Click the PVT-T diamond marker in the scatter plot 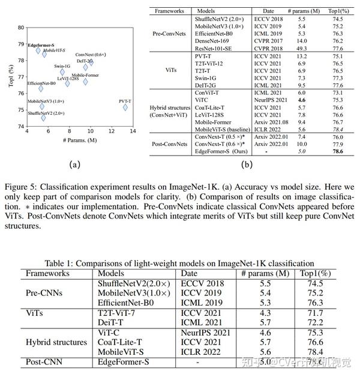point(125,107)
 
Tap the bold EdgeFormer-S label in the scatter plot point(40,44)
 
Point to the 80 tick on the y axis point(20,28)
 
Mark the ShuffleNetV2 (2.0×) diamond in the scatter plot point(43,118)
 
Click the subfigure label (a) point(74,163)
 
